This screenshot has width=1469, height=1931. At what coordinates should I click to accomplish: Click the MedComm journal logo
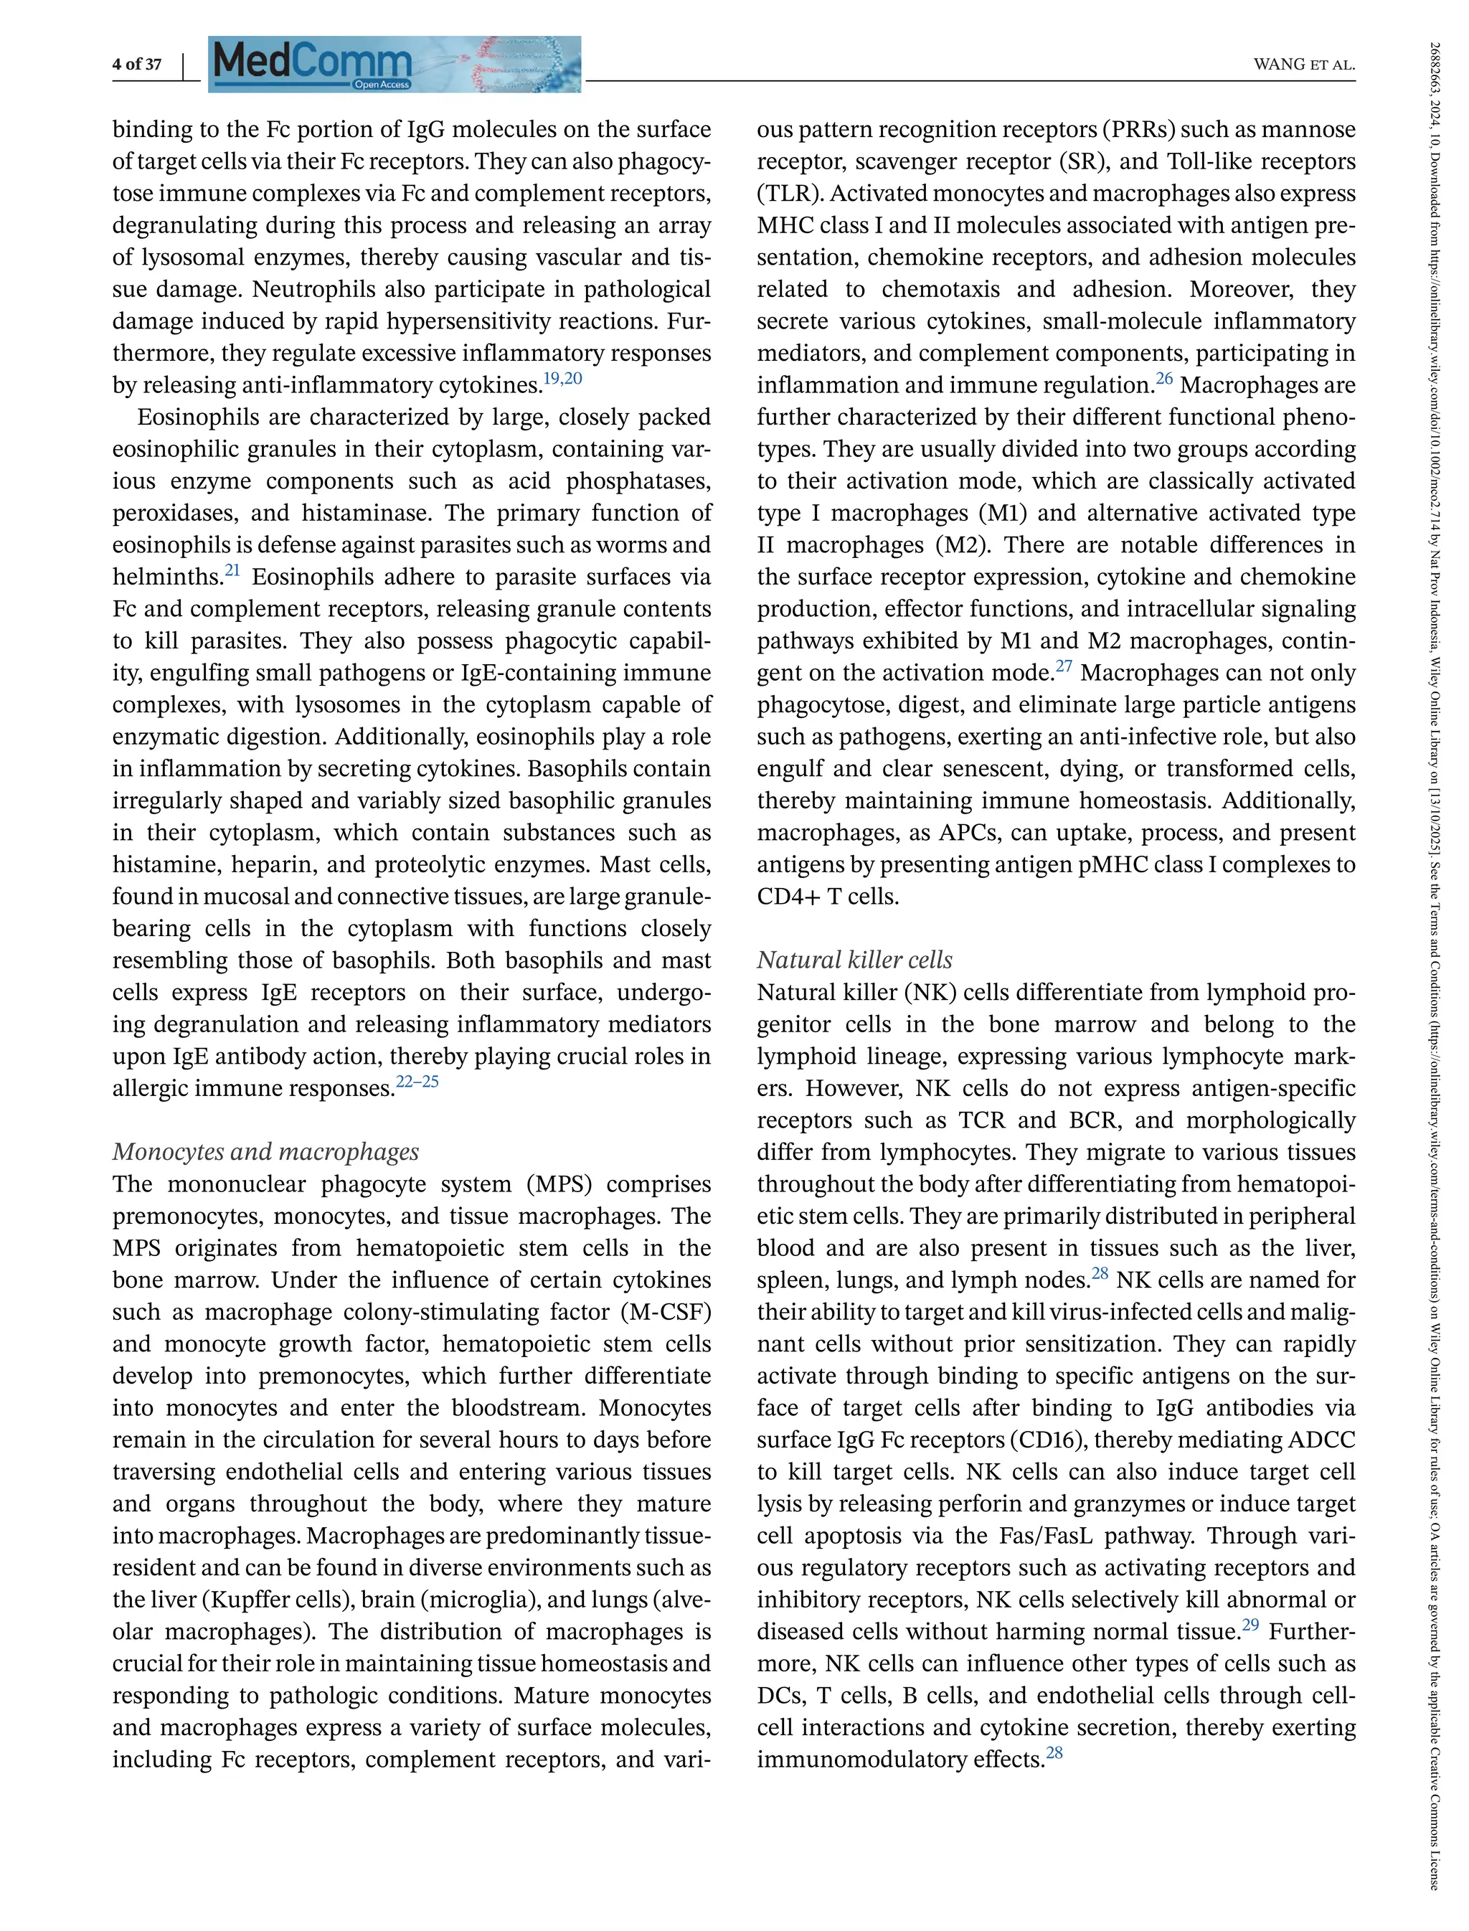[394, 63]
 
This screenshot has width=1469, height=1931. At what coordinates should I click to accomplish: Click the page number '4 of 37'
[136, 64]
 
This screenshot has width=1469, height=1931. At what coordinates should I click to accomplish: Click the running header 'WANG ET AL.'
[1304, 65]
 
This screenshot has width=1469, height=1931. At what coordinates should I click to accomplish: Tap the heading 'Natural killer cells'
[854, 960]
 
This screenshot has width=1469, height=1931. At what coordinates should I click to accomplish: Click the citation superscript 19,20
[562, 379]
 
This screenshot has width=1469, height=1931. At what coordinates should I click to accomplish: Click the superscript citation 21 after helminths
[232, 570]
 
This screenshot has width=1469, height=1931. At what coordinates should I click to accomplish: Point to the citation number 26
[1164, 379]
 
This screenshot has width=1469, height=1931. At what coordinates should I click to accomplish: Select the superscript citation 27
[1063, 666]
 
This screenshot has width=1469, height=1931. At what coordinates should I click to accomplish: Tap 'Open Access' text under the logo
[382, 85]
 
